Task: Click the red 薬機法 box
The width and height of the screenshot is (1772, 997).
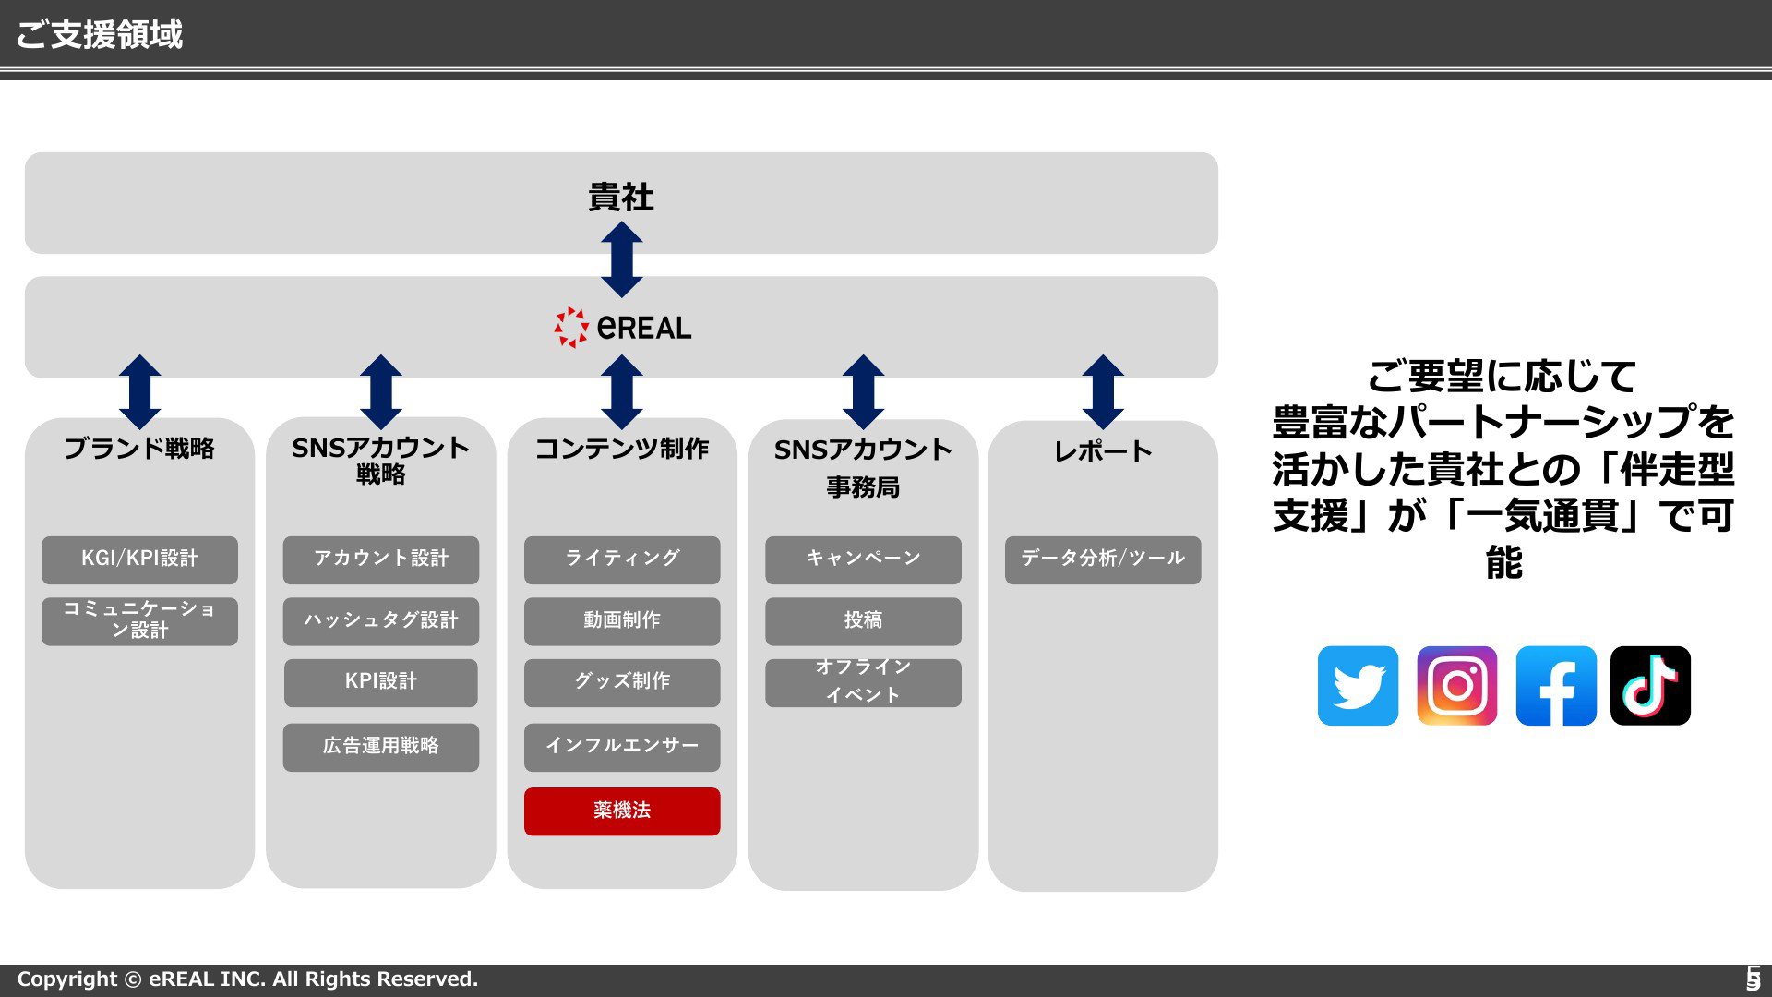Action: pyautogui.click(x=622, y=811)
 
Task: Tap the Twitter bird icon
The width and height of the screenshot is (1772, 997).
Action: pyautogui.click(x=1358, y=686)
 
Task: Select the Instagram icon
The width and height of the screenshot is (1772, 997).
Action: pyautogui.click(x=1457, y=686)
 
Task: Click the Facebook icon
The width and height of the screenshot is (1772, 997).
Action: pyautogui.click(x=1556, y=686)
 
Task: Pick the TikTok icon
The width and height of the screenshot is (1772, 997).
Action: pyautogui.click(x=1650, y=686)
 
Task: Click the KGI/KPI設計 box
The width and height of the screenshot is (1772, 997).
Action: pyautogui.click(x=139, y=559)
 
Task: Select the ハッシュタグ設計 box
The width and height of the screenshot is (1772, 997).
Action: pyautogui.click(x=381, y=621)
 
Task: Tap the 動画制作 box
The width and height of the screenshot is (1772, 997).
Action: pyautogui.click(x=622, y=621)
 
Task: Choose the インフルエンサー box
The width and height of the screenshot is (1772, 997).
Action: pyautogui.click(x=622, y=747)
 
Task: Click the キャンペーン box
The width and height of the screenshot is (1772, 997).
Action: pyautogui.click(x=863, y=559)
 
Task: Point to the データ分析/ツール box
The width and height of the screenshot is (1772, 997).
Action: pyautogui.click(x=1103, y=559)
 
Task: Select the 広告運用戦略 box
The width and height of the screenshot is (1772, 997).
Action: pyautogui.click(x=381, y=747)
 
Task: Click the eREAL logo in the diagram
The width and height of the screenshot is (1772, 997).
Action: pyautogui.click(x=623, y=327)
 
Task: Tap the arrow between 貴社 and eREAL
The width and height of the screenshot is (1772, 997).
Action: pyautogui.click(x=622, y=259)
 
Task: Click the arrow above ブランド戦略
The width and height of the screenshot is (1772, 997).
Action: pyautogui.click(x=140, y=392)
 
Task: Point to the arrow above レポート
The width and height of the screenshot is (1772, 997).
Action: pyautogui.click(x=1103, y=392)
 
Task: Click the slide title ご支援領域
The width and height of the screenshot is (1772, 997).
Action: pyautogui.click(x=100, y=34)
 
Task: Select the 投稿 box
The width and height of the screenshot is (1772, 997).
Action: pyautogui.click(x=863, y=621)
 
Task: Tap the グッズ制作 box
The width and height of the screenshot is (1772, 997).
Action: pyautogui.click(x=622, y=682)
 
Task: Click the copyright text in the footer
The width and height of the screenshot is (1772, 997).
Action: pyautogui.click(x=247, y=979)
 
